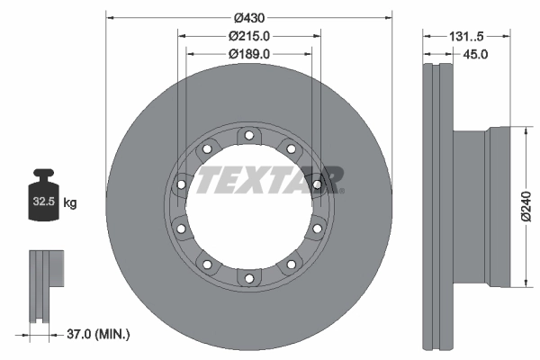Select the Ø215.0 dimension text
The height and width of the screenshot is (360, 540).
pos(248,36)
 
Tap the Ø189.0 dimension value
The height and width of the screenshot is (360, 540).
pos(248,54)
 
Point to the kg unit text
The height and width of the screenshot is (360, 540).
pos(71,203)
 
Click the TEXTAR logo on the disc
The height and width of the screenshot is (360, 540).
pos(268,179)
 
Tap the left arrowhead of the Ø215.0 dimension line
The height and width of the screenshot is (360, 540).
pos(183,36)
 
